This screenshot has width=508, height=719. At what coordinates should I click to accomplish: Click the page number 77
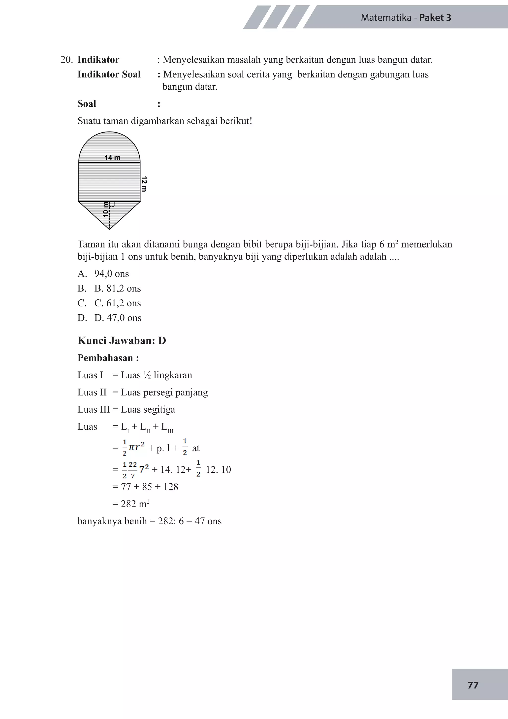(x=473, y=685)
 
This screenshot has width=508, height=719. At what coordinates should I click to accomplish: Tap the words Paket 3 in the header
(x=435, y=18)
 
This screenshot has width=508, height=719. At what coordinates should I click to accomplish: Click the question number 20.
(x=66, y=60)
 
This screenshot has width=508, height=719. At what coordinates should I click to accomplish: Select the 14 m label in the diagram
(x=112, y=157)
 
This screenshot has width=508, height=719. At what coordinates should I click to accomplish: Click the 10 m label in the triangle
(x=106, y=210)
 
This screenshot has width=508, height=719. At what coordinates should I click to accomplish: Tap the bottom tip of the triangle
(x=109, y=229)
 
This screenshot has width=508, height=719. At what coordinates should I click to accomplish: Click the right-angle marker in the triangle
(x=112, y=204)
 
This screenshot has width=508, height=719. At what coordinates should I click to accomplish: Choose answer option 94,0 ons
(x=111, y=274)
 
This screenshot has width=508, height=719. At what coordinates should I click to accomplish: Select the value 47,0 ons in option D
(x=124, y=318)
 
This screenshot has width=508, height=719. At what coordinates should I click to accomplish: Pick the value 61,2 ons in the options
(x=124, y=303)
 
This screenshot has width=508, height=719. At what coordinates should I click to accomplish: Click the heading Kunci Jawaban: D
(x=122, y=340)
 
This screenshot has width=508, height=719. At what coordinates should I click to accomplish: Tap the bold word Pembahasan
(x=105, y=358)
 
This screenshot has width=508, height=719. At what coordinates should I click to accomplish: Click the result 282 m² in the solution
(x=135, y=504)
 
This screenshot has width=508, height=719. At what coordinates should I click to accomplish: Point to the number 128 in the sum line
(x=170, y=487)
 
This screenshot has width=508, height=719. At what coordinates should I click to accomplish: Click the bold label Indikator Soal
(x=109, y=74)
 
